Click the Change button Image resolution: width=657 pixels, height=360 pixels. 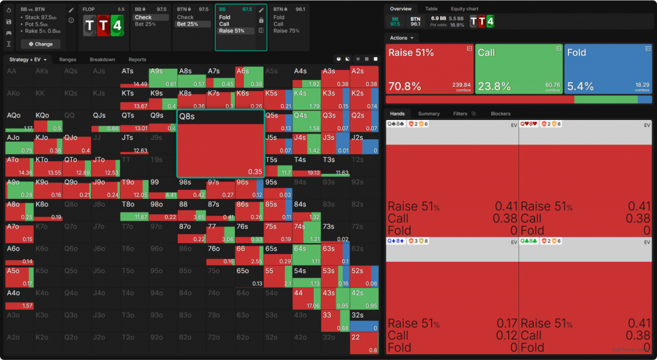tap(40, 44)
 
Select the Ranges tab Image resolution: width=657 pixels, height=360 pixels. tap(67, 60)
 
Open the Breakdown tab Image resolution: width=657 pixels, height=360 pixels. tap(102, 60)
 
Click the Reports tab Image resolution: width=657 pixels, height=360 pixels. tap(137, 60)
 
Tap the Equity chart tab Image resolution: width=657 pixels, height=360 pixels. tap(465, 9)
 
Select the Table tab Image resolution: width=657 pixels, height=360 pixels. tap(431, 9)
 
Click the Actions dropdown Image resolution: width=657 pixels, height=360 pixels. tap(403, 38)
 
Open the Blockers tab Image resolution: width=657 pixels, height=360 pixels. tap(500, 114)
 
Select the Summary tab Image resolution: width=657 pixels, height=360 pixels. tap(429, 114)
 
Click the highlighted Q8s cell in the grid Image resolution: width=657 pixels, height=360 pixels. tap(220, 143)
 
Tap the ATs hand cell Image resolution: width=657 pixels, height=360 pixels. tap(134, 76)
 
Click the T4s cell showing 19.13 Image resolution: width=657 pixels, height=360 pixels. tap(306, 166)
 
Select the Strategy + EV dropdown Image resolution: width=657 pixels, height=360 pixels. tap(28, 60)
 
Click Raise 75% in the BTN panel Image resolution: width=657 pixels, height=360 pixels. tap(286, 31)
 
